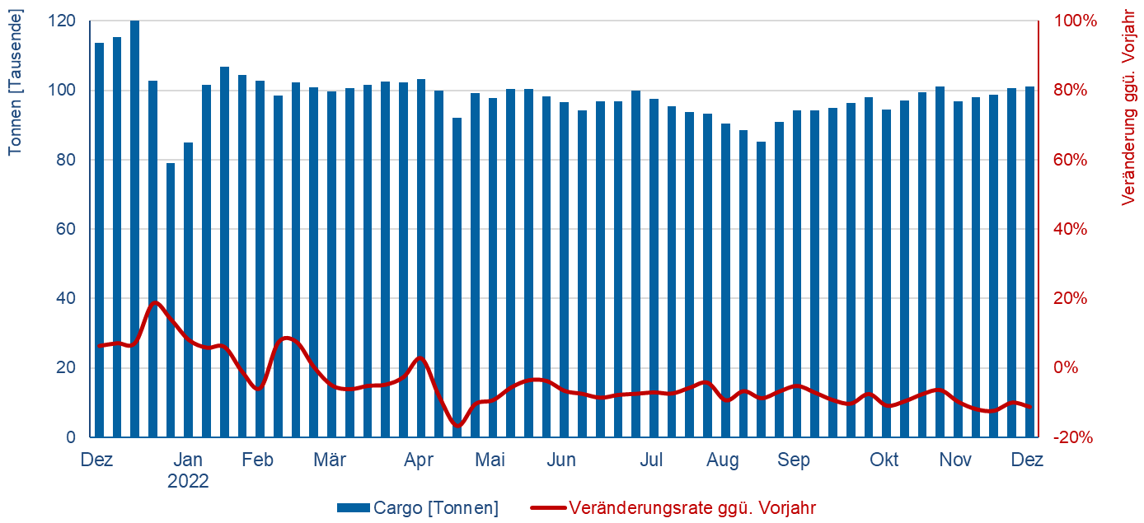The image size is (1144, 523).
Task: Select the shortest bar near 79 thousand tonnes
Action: click(x=171, y=300)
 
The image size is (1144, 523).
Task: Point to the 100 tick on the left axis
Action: click(x=62, y=91)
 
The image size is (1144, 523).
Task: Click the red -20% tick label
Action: click(x=1075, y=437)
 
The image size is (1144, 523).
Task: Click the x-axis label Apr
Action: click(x=419, y=460)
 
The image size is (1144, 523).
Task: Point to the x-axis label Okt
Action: click(x=885, y=460)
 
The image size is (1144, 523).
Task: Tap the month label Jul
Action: click(x=652, y=460)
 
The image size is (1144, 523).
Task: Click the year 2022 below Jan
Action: click(x=188, y=481)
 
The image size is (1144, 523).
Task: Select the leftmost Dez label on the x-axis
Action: click(x=96, y=460)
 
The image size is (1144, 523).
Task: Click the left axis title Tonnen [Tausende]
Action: click(x=16, y=82)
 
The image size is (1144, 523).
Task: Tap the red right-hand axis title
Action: click(x=1130, y=107)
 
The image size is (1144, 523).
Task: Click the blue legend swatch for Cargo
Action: click(x=353, y=508)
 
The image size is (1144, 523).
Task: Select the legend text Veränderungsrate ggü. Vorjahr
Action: click(x=692, y=508)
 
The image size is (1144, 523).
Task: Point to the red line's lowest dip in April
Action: click(x=458, y=425)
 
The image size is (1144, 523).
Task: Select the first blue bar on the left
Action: click(x=99, y=240)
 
